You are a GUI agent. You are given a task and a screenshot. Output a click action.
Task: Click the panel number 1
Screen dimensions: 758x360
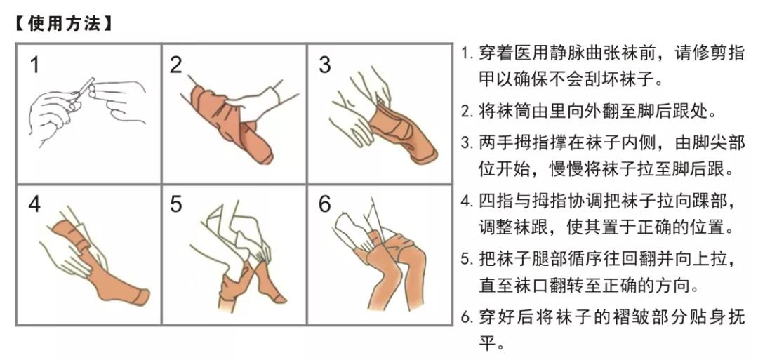[x=34, y=65]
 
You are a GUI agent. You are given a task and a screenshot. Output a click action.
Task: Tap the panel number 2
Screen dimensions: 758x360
[x=176, y=65]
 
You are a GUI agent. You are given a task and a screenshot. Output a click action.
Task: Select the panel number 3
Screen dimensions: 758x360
[x=325, y=65]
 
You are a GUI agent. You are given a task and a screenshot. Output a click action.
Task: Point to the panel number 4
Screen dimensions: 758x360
[x=34, y=204]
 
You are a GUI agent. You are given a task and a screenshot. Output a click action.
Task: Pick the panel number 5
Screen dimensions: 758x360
[x=176, y=204]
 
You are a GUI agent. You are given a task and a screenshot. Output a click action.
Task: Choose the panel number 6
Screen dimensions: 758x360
[x=325, y=204]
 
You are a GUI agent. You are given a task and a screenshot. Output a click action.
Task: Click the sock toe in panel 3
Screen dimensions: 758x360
[x=425, y=154]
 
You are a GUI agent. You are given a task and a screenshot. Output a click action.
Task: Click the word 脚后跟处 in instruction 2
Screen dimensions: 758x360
[x=674, y=112]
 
